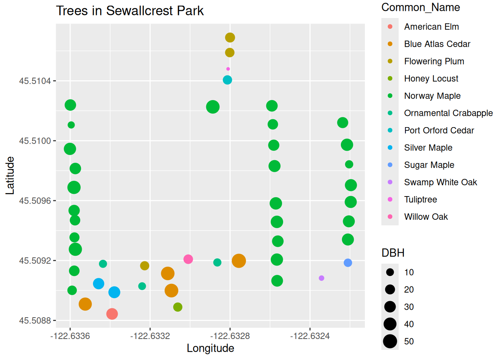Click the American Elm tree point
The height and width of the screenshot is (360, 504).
point(112,314)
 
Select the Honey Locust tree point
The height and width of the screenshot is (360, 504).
point(178,307)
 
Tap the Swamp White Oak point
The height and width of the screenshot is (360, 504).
point(321,278)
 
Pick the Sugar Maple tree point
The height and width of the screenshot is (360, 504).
point(348,263)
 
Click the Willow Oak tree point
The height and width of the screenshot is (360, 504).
point(188,259)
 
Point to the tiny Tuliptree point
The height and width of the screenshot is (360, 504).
point(228,69)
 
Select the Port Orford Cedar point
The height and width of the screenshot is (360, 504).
point(227,80)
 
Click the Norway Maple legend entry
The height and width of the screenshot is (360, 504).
point(432,96)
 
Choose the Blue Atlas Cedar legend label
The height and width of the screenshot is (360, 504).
point(437,44)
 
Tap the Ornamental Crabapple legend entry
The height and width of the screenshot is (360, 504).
point(448,113)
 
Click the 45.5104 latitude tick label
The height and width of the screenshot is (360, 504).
point(35,81)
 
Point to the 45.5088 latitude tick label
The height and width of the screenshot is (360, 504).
point(35,321)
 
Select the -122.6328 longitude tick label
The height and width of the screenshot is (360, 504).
point(230,336)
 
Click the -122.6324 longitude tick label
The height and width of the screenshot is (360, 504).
point(310,336)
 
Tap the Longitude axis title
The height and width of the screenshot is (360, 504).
point(210,348)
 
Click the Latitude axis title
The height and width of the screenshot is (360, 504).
point(10,175)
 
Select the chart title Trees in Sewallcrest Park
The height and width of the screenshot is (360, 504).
point(130,11)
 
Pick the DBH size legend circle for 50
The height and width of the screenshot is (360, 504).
point(390,341)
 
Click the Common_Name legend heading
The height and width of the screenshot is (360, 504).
point(420,7)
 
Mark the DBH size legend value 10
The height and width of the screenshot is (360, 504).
point(409,273)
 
